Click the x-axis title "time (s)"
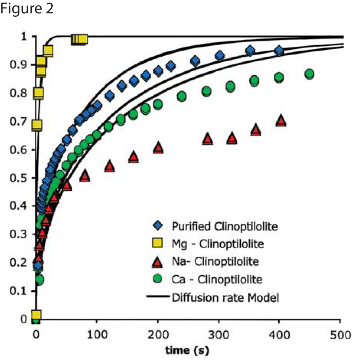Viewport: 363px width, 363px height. point(187,350)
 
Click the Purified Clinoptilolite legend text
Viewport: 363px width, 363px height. point(224,226)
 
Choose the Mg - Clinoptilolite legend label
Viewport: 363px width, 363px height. point(218,244)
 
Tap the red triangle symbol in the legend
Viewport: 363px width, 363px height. point(158,262)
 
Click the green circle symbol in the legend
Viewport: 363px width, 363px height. point(158,279)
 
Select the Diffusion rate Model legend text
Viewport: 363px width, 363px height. point(225,297)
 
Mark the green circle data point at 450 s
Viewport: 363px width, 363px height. point(309,74)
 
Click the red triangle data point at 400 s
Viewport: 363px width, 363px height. point(281,121)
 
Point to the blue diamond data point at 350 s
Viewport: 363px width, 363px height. point(250,51)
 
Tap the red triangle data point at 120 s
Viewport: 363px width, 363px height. point(109,166)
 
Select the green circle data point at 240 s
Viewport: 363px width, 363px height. point(182,96)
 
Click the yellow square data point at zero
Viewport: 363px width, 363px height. point(36,315)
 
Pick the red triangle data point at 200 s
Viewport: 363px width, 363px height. point(158,148)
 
